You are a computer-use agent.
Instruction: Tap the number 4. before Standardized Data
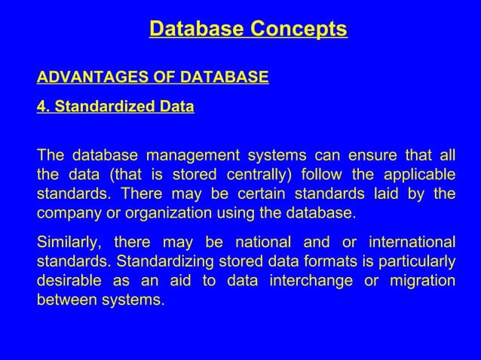(x=43, y=107)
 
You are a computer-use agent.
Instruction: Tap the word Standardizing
(x=158, y=261)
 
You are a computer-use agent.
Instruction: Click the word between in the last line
(x=66, y=299)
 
